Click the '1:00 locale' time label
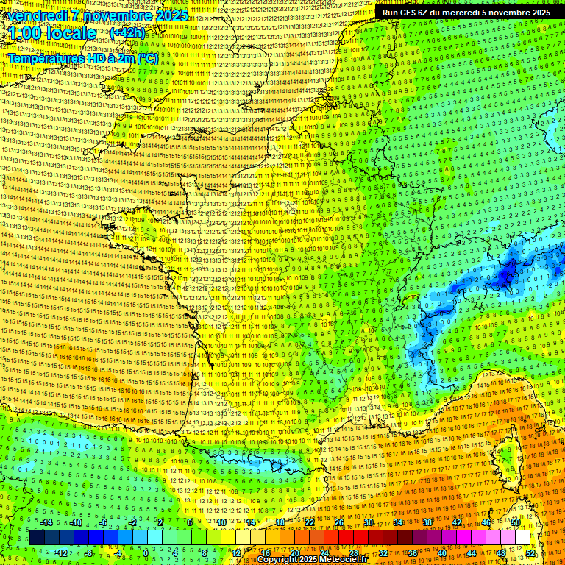[x=52, y=33]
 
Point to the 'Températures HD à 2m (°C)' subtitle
[x=82, y=57]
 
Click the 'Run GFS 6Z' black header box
[x=466, y=13]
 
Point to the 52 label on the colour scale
[x=530, y=552]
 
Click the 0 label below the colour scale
[x=146, y=552]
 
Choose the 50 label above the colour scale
[x=515, y=522]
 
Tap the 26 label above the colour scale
[x=339, y=522]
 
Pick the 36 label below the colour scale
[x=412, y=552]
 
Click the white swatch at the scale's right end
[x=522, y=538]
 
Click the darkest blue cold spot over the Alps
[x=506, y=276]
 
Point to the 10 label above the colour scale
[x=221, y=522]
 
